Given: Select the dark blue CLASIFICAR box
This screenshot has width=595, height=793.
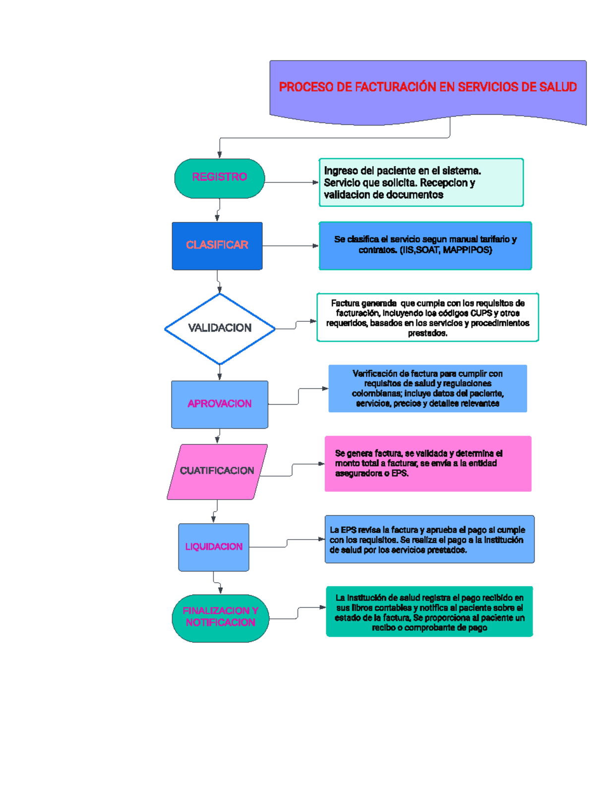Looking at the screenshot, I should (217, 245).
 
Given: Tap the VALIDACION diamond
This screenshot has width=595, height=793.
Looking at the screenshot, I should (220, 328).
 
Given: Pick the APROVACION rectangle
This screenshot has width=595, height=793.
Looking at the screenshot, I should (219, 404).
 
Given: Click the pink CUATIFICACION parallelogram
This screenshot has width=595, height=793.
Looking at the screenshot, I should (217, 471).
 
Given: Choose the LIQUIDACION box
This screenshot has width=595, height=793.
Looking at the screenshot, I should (214, 547).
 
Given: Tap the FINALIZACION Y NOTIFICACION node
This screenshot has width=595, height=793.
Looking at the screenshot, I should (220, 617).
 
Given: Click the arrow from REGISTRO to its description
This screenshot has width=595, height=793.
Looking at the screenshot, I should (292, 183).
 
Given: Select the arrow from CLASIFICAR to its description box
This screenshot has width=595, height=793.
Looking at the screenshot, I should (291, 246).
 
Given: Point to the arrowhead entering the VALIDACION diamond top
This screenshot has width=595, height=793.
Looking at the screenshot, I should (220, 290).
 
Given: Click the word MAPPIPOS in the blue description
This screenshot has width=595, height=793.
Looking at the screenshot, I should (467, 250).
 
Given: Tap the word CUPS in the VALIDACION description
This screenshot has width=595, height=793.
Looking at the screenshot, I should (481, 313).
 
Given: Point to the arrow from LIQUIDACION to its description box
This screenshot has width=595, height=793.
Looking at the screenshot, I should (287, 543).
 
